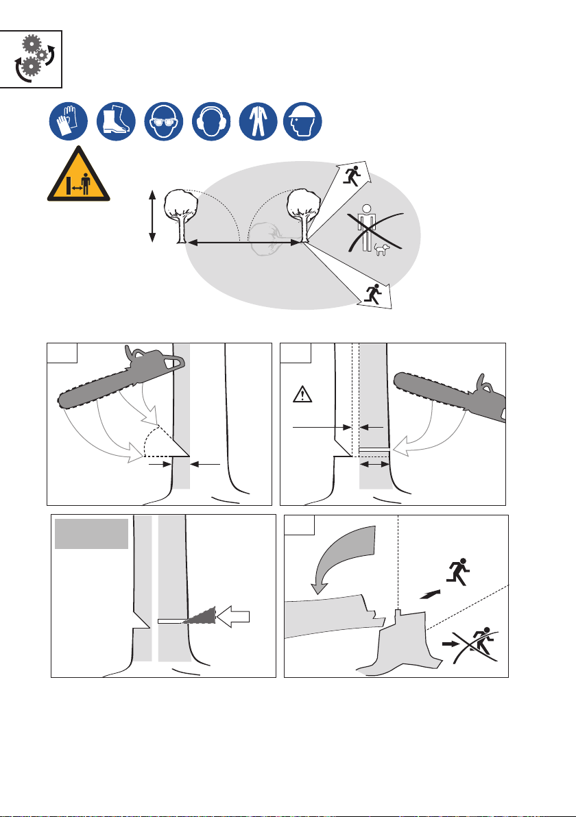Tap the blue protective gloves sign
67,123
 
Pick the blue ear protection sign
211,123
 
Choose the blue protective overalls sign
256,123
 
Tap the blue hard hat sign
302,123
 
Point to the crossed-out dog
381,249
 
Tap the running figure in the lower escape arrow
373,294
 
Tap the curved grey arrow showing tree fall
342,554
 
